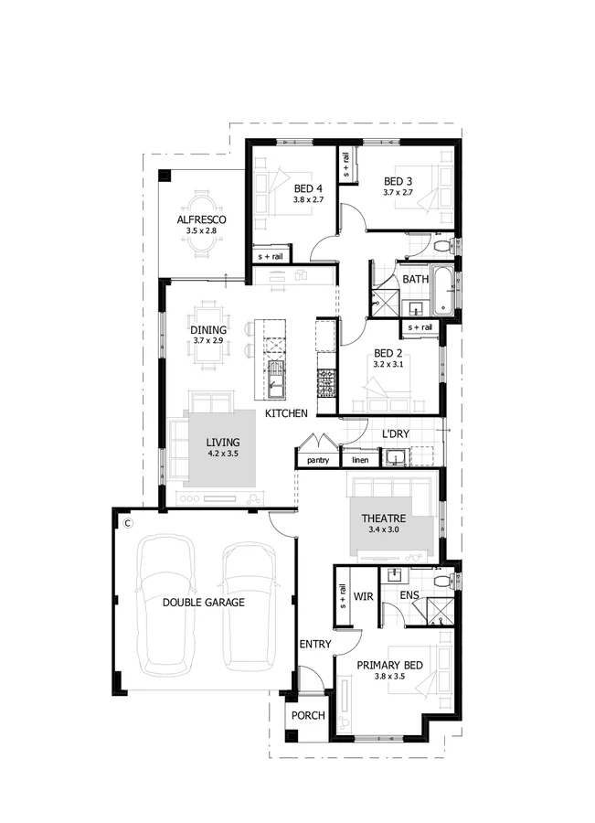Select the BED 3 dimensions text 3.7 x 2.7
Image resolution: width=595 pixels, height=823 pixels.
(x=398, y=193)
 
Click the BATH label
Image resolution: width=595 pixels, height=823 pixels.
(x=416, y=279)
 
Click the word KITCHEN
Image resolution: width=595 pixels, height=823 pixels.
(x=286, y=414)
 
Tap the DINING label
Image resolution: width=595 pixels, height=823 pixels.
(x=208, y=330)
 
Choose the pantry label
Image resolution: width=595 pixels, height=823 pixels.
(x=318, y=460)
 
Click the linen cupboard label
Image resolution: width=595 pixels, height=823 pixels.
(x=360, y=460)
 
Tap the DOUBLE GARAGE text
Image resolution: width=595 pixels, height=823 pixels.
(x=204, y=603)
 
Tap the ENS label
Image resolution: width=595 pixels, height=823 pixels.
(x=411, y=594)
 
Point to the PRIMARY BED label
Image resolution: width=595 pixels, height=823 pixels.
(x=389, y=665)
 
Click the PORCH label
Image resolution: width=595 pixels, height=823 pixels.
(x=308, y=715)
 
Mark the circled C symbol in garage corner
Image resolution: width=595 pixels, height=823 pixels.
(x=128, y=522)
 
